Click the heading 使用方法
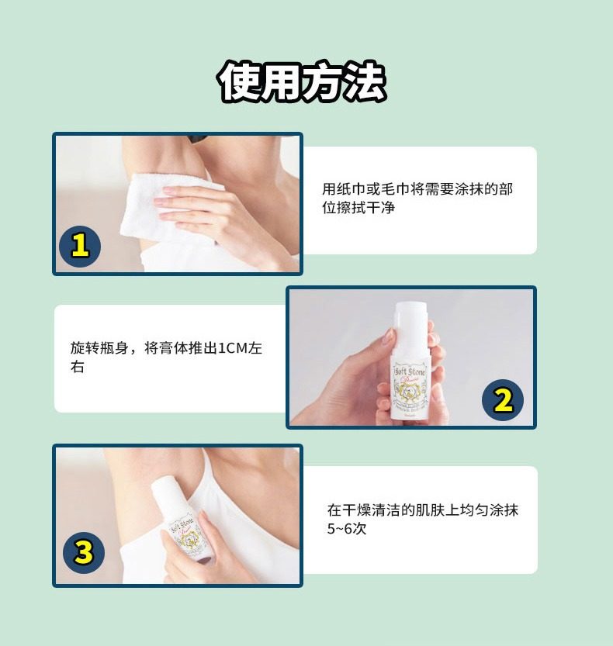[x=303, y=81]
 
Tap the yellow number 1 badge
[x=80, y=246]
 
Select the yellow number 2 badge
[x=503, y=401]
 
